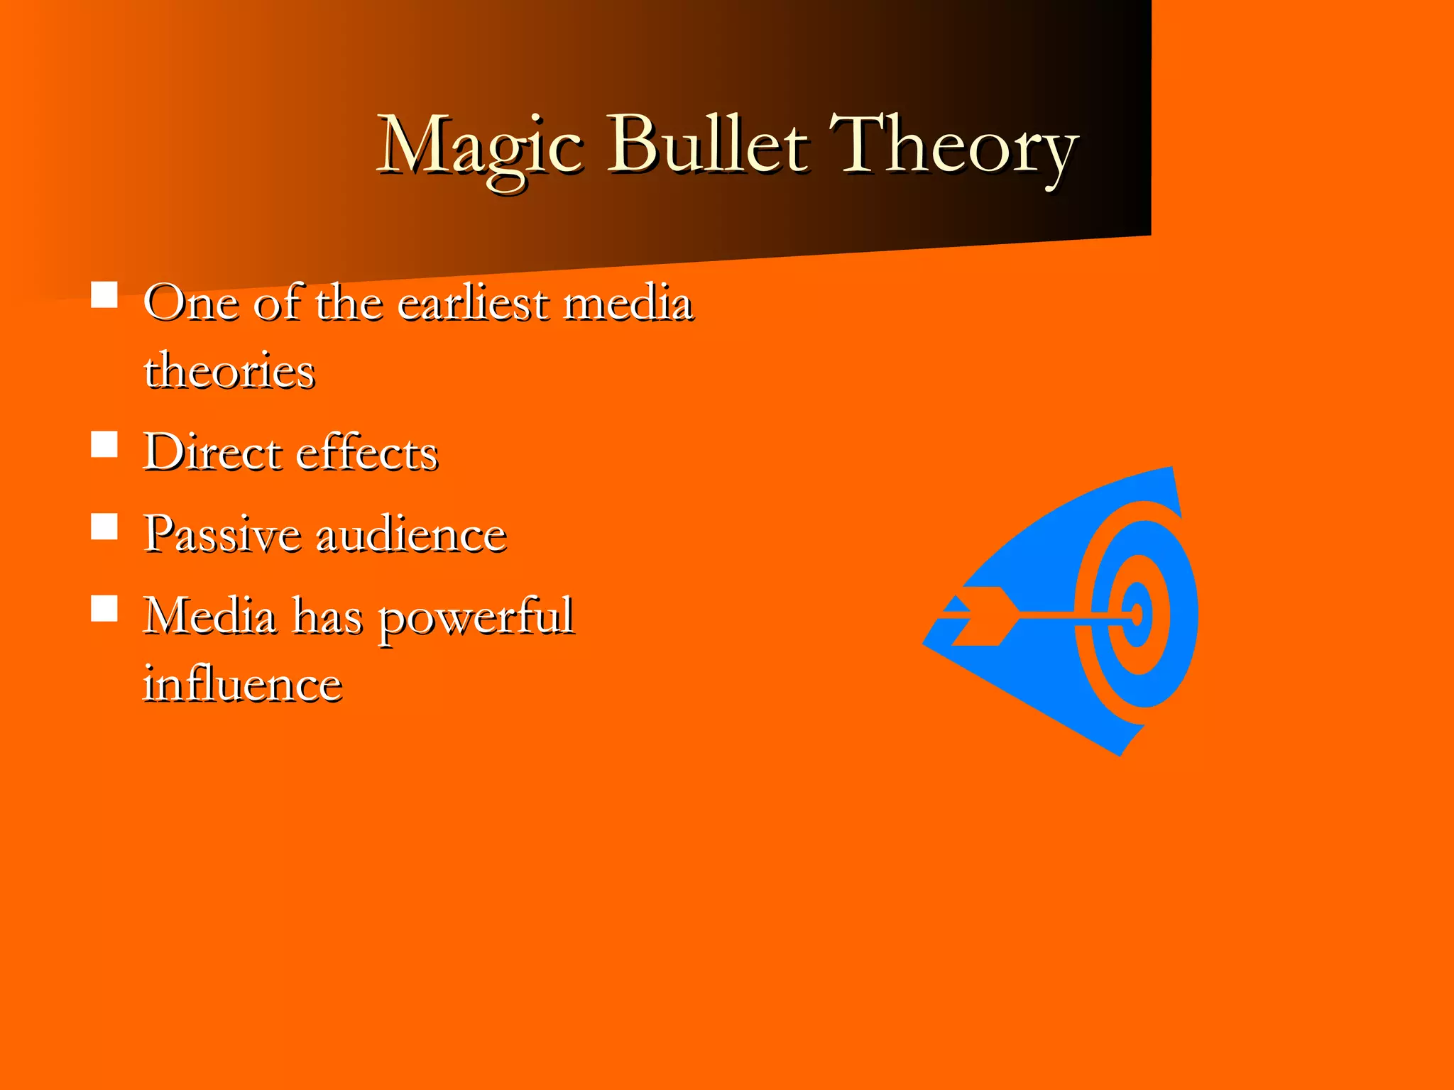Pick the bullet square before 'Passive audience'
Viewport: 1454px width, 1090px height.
[104, 527]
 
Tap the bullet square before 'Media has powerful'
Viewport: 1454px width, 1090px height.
[104, 608]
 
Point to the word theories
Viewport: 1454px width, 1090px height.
[229, 370]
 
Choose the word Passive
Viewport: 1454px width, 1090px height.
[222, 534]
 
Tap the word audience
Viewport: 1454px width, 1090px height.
[411, 534]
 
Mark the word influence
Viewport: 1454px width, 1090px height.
[243, 684]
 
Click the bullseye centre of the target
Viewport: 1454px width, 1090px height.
[1137, 615]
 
